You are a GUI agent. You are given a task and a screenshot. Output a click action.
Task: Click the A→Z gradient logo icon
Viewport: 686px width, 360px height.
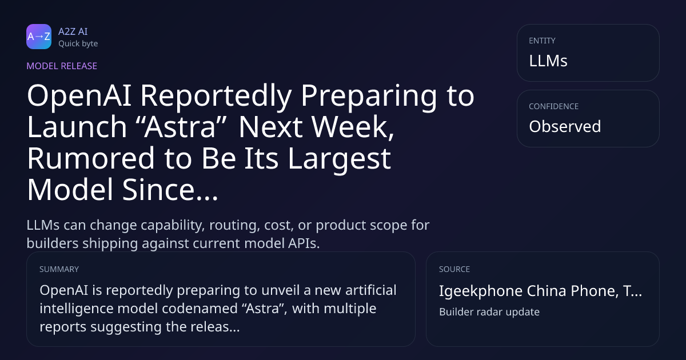[39, 37]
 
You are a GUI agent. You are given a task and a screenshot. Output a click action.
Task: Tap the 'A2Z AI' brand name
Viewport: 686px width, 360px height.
[73, 31]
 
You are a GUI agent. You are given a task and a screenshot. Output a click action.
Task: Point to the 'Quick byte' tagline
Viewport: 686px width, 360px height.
[78, 44]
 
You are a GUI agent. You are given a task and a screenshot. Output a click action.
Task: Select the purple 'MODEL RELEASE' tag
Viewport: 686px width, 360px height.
[62, 66]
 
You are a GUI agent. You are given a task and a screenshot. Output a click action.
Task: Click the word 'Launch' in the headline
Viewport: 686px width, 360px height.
[77, 127]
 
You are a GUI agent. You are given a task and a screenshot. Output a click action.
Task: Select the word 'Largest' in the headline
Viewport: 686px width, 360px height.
[340, 159]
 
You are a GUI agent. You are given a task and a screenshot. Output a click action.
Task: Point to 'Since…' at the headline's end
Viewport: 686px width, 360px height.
[170, 190]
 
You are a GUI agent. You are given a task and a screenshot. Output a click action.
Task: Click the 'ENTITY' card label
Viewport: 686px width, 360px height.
[542, 41]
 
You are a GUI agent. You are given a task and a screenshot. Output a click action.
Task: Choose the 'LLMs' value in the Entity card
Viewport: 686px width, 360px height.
[548, 61]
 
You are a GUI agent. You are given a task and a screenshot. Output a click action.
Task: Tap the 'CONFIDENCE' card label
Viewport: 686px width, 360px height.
[554, 106]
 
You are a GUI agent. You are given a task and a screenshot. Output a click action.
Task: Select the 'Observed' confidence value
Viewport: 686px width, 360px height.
[565, 126]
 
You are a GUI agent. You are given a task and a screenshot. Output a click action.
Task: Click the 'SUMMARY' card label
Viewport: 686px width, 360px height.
[59, 269]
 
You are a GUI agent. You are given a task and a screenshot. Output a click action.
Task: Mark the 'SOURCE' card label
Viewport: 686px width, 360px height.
[454, 269]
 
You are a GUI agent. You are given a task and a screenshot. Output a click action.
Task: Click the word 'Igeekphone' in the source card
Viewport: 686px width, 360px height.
[481, 291]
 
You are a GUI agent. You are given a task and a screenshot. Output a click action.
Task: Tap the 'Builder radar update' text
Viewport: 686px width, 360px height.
[489, 312]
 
